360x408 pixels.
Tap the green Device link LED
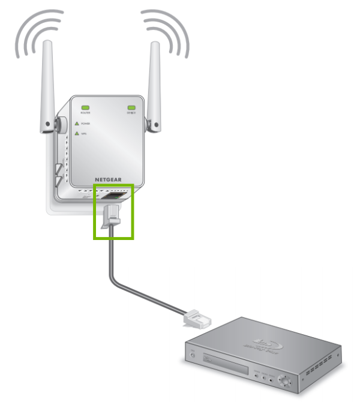[x=131, y=109]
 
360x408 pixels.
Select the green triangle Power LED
[x=76, y=123]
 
